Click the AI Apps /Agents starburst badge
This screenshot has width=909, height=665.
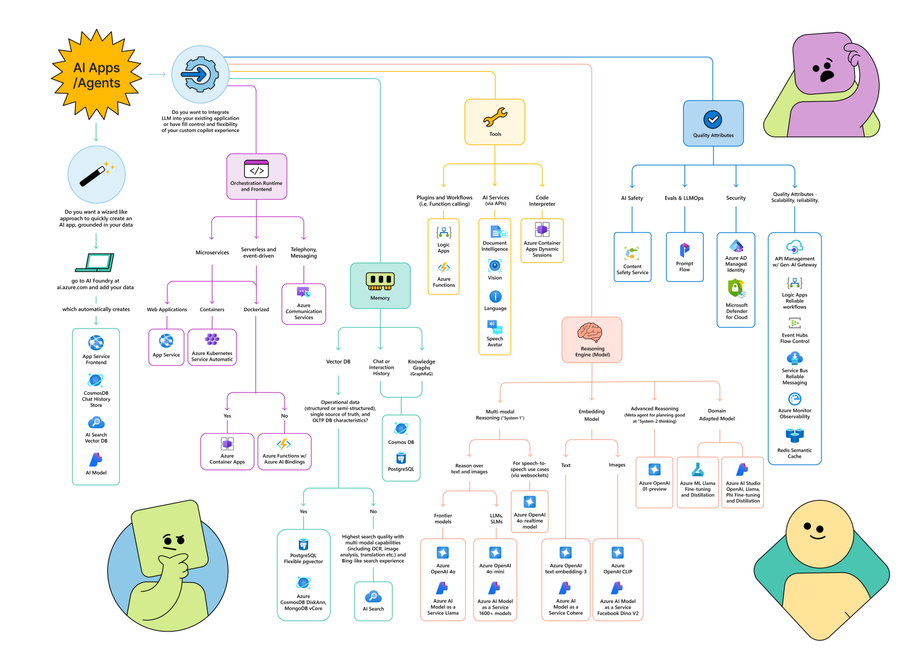point(96,75)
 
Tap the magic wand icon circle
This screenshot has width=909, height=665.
point(96,174)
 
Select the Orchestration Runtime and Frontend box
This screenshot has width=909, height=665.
point(257,176)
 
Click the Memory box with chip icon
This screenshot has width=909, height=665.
point(380,285)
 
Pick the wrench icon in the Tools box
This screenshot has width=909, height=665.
point(495,117)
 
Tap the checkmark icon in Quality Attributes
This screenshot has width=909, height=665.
point(712,119)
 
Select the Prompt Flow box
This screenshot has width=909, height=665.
point(684,257)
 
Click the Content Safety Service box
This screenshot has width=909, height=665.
point(632,257)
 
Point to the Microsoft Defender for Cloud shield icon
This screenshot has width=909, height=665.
point(736,288)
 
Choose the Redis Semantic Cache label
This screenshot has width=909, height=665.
point(794,453)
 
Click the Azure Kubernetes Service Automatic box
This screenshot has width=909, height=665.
point(212,347)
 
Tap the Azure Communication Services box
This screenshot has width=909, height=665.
point(304,304)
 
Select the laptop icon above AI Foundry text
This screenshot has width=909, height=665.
point(95,262)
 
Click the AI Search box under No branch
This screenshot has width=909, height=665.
point(373,601)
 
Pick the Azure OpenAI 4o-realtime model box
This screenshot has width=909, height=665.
point(530,511)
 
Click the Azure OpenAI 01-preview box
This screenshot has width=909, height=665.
point(654,482)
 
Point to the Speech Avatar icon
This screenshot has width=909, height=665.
point(494,327)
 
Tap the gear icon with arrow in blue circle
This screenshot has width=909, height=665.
point(200,74)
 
